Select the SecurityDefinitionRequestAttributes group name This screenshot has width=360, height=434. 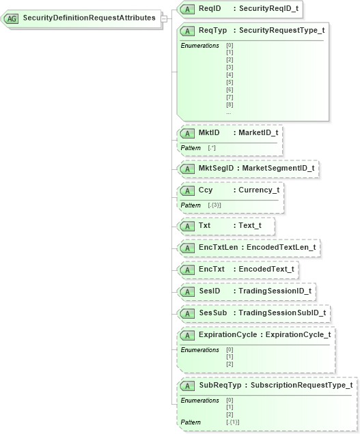(89, 18)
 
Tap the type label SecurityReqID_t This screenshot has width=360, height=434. (269, 8)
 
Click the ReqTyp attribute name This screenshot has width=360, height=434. (212, 30)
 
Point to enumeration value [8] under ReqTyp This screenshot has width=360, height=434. (230, 104)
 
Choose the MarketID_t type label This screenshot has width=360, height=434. (258, 132)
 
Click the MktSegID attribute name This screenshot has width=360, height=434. (218, 167)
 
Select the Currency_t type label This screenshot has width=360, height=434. (259, 190)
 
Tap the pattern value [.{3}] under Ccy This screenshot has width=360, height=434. (214, 205)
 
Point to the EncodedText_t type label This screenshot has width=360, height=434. (266, 269)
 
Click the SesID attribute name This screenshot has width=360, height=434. (209, 291)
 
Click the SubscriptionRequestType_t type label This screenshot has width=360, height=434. (301, 385)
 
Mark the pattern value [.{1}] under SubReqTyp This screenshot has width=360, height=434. (232, 422)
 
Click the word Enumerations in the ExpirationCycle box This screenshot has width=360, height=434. (199, 349)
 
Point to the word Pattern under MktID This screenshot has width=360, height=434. (191, 147)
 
